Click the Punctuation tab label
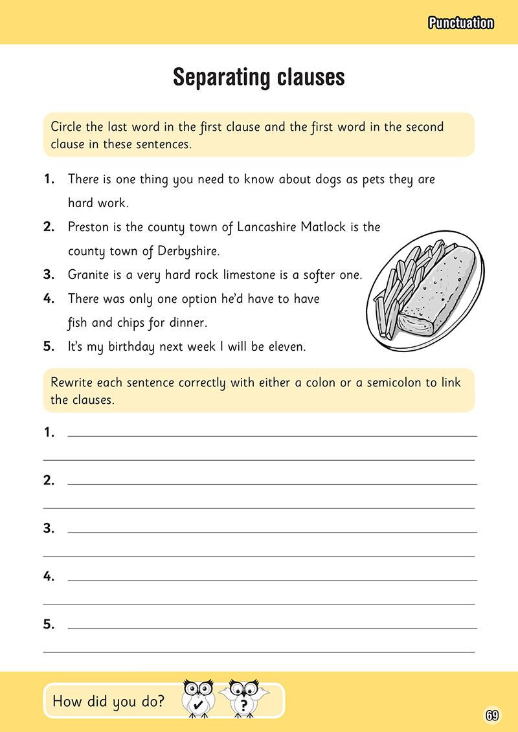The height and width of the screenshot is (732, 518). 460,23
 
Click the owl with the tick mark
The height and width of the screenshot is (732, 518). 199,698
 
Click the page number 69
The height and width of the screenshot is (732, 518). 491,715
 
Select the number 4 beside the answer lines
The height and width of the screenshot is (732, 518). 49,577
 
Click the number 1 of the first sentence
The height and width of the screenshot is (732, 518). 49,180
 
